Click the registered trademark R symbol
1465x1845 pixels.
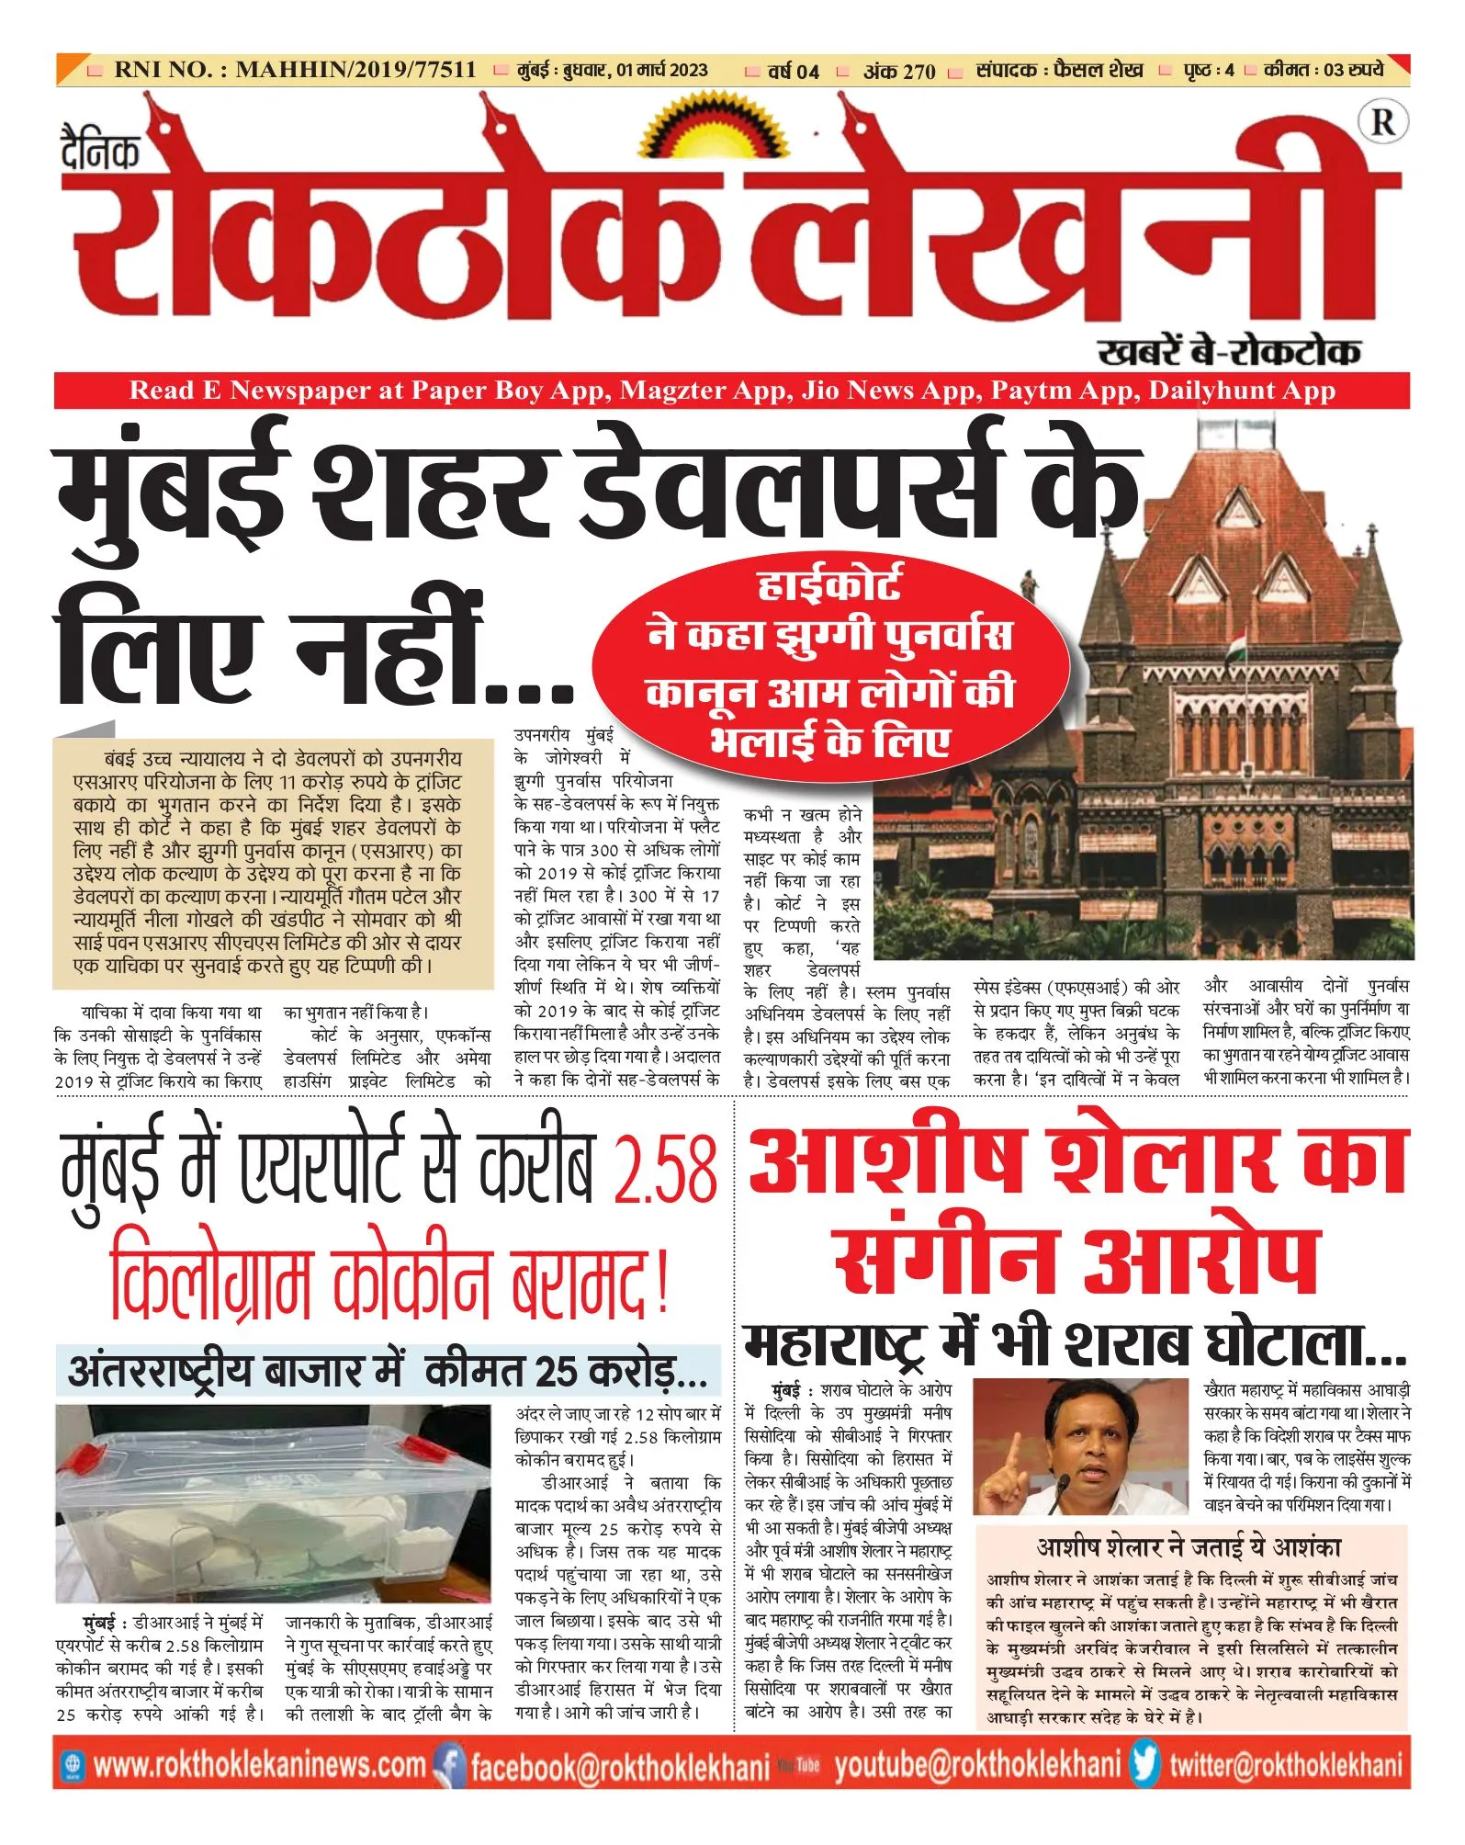[1381, 121]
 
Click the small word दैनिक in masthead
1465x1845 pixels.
[100, 152]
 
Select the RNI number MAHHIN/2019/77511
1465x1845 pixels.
[355, 70]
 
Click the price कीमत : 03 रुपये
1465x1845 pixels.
[1323, 70]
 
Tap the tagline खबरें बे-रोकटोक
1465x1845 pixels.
[1229, 351]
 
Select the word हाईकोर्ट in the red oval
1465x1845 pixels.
[829, 583]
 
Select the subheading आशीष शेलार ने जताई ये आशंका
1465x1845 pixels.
[1189, 1547]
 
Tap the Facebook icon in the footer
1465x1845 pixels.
[449, 1765]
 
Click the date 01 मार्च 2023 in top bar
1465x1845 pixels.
[662, 71]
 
